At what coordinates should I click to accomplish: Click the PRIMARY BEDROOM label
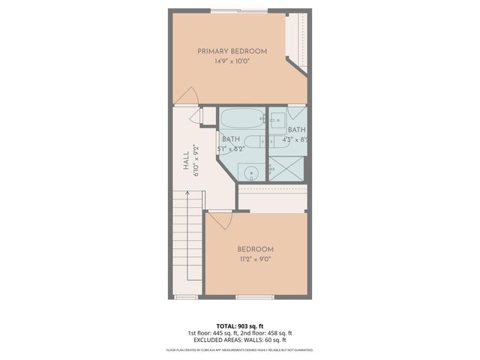232,51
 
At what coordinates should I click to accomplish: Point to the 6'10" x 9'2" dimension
196,160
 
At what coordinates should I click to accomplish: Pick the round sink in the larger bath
253,172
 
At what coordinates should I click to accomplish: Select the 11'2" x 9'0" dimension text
255,259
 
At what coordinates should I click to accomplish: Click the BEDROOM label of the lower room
255,250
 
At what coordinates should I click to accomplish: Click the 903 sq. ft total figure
251,326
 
